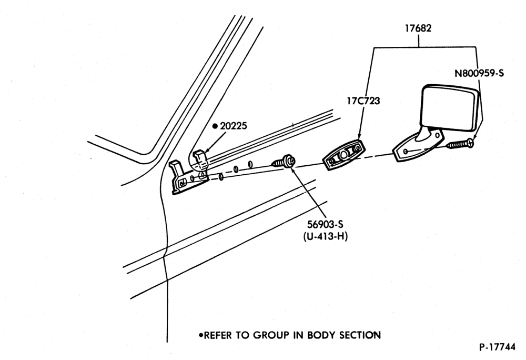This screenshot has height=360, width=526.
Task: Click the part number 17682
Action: tap(418, 28)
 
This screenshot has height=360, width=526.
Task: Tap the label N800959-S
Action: tap(479, 73)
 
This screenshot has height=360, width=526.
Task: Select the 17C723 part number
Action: tap(363, 101)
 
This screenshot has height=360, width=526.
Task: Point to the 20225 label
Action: tap(234, 126)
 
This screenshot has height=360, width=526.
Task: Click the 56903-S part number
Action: tap(325, 224)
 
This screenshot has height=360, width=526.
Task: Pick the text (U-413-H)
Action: tap(326, 236)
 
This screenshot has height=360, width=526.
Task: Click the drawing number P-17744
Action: tap(497, 347)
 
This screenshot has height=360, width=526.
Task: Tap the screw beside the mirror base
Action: tap(460, 144)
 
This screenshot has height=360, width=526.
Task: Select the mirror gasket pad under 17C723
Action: tap(343, 155)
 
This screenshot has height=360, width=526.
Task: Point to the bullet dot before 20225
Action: tap(215, 126)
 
